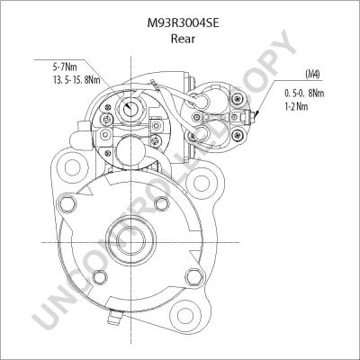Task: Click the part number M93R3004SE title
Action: pos(183,22)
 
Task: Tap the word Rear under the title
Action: pos(183,39)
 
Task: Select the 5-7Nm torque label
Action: pos(65,66)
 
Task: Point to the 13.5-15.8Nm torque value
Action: pos(76,80)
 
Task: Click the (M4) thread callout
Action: pos(312,74)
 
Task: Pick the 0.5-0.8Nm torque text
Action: pos(304,94)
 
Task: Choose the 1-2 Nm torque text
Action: pos(296,106)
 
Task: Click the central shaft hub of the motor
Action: pos(130,240)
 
